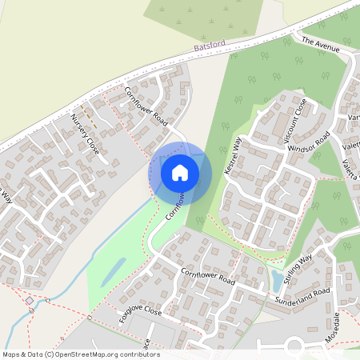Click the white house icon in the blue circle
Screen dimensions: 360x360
pos(180,172)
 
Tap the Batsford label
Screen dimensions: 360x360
pos(210,46)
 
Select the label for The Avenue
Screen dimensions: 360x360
pos(321,44)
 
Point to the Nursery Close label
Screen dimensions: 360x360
pos(84,134)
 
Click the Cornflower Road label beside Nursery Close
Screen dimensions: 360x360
pos(147,106)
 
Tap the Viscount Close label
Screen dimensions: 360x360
pos(294,120)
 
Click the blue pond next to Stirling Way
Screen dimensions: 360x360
pos(277,279)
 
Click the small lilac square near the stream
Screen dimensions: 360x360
pos(29,301)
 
